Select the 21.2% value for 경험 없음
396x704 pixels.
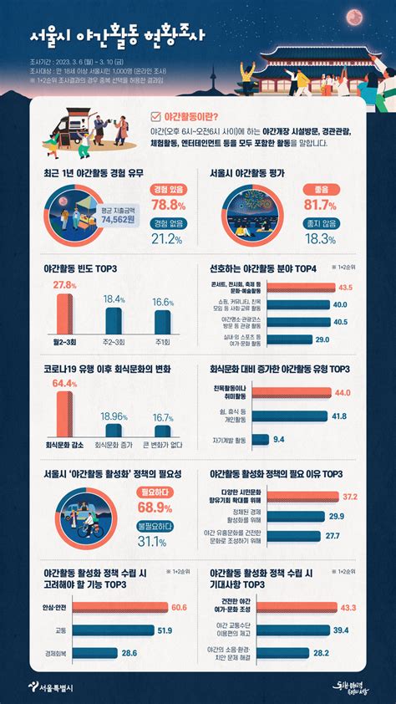[167, 239]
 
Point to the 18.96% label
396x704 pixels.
[114, 416]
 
